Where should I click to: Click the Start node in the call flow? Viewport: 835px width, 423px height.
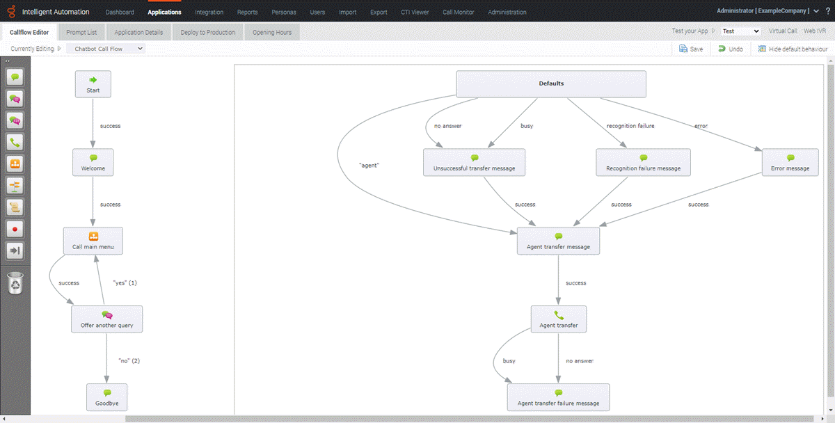coord(93,84)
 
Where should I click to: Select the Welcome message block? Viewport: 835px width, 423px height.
coord(93,162)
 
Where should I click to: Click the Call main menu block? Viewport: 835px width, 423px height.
coord(93,241)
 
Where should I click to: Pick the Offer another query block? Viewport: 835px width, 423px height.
coord(106,319)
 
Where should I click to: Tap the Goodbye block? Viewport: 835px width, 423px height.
coord(106,397)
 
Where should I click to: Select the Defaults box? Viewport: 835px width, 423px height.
coord(551,84)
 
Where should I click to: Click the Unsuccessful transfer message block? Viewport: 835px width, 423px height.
coord(474,162)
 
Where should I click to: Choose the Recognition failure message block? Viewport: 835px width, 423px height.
coord(643,162)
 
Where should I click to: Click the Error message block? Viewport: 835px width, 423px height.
coord(790,162)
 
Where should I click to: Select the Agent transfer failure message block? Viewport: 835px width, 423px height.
coord(558,397)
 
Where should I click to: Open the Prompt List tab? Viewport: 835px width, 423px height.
coord(81,33)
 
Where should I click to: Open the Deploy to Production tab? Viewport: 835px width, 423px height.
coord(207,33)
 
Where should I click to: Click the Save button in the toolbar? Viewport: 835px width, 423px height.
coord(691,49)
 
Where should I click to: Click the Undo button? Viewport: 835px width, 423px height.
coord(731,49)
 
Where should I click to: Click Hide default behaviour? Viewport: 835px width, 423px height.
coord(793,49)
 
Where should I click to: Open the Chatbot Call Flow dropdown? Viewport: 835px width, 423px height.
coord(109,49)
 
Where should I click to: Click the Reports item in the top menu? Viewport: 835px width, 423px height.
coord(247,13)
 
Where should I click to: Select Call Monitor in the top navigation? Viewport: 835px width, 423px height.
coord(458,13)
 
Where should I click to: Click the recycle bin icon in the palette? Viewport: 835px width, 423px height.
coord(15,283)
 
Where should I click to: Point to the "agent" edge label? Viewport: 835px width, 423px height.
coord(368,166)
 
